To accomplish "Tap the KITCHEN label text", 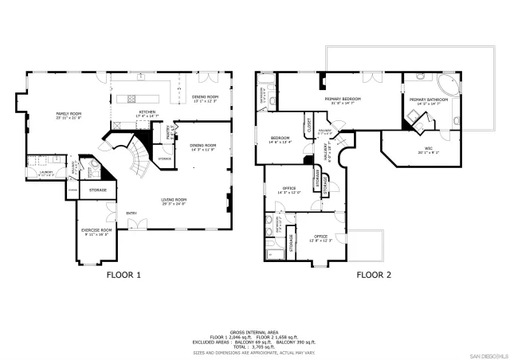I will (147, 112).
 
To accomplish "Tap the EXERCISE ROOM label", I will (96, 230).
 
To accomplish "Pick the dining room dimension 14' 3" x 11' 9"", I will (203, 149).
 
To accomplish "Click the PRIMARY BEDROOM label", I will (343, 99).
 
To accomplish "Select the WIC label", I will (428, 148).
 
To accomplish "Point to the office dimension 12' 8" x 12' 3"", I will (320, 241).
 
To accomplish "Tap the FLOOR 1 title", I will (124, 276).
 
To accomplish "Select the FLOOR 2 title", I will (374, 276).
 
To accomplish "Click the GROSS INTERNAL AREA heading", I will (254, 331).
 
